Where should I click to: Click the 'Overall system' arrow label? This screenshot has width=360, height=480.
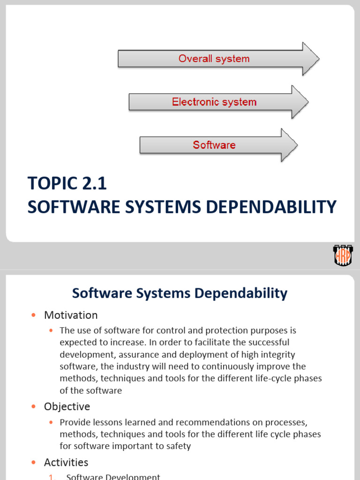[214, 59]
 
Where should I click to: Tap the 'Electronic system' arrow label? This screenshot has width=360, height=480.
[214, 102]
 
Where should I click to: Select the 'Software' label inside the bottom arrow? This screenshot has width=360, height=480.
[214, 145]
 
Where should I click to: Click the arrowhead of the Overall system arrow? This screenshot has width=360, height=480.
[310, 59]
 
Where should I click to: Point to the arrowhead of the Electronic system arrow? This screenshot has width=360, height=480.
[300, 102]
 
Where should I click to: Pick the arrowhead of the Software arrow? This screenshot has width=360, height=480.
[289, 145]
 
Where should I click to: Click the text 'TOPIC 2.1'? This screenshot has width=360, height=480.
[67, 184]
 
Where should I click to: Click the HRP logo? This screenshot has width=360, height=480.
[343, 255]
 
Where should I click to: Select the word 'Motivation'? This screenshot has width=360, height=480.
[71, 315]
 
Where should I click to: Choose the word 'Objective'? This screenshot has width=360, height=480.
[67, 406]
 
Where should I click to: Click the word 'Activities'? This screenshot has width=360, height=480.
[66, 462]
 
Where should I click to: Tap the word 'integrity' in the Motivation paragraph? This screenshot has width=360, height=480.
[279, 354]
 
